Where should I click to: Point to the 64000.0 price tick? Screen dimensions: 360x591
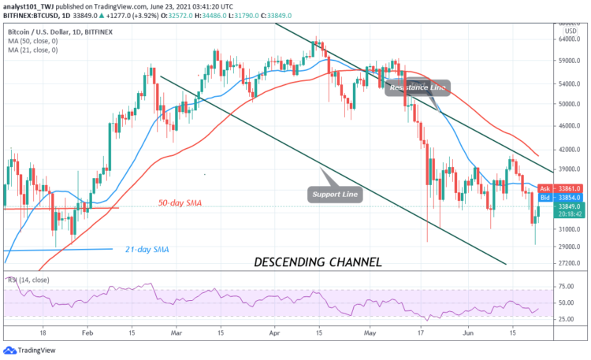point(564,40)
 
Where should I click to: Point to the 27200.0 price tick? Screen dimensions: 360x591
point(564,263)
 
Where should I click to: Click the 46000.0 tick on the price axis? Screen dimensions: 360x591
point(564,125)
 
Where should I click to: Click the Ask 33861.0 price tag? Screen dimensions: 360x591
point(562,189)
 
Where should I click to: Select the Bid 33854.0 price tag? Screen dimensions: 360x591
point(562,198)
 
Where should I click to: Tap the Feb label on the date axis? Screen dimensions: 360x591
point(87,334)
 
